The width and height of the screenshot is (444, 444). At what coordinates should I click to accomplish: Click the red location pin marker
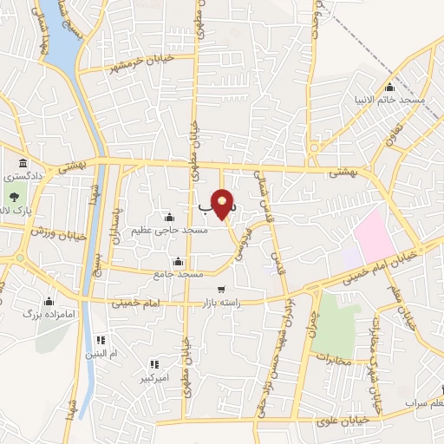coord(224,205)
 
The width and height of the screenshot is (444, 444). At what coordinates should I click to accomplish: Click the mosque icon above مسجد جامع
coord(179,261)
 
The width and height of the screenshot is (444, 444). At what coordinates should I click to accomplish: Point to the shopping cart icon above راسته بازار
coord(222,290)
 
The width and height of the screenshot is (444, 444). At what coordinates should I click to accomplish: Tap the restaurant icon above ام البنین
coord(101,340)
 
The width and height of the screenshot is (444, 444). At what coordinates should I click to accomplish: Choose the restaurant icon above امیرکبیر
coord(154,365)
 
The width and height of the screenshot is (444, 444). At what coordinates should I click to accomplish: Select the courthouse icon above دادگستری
coord(23,163)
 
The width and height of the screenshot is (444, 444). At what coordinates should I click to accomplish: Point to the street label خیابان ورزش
coord(55,232)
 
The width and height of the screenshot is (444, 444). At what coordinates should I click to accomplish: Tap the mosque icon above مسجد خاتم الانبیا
coord(389,88)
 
